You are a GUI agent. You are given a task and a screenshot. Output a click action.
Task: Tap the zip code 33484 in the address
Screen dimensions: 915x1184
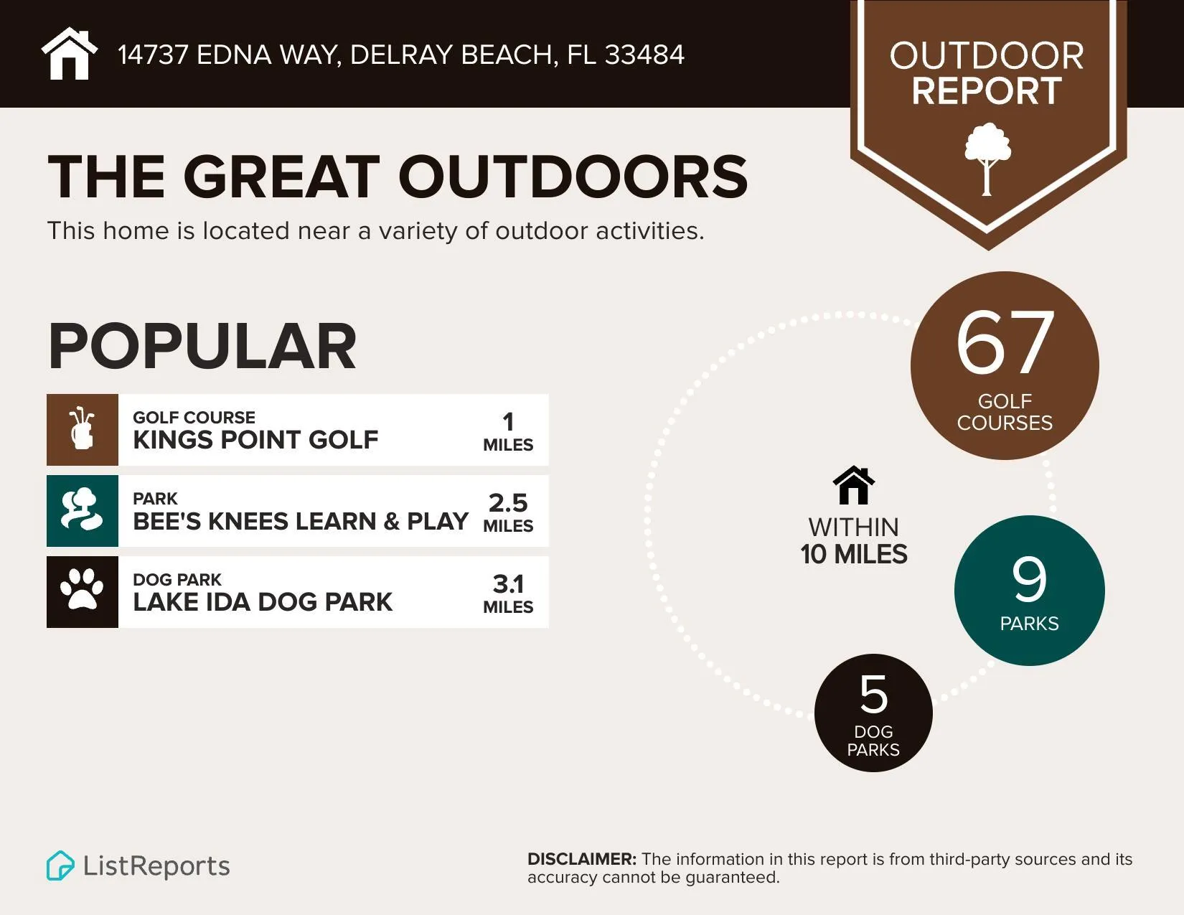pyautogui.click(x=644, y=55)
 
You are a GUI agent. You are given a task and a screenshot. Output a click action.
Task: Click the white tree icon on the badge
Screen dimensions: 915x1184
pyautogui.click(x=987, y=159)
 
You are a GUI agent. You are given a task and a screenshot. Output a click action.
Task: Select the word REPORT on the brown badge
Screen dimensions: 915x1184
pyautogui.click(x=987, y=91)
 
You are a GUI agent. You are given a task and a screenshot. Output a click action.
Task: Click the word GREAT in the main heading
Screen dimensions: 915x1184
pyautogui.click(x=281, y=177)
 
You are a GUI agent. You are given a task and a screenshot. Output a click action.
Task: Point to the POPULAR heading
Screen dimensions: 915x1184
pyautogui.click(x=202, y=347)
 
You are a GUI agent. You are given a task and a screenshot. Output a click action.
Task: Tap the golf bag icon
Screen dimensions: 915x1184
pyautogui.click(x=83, y=429)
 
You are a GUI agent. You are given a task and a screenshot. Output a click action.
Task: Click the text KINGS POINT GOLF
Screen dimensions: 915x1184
pyautogui.click(x=255, y=439)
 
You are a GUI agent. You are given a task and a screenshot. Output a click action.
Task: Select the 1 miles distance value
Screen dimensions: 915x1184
pyautogui.click(x=508, y=431)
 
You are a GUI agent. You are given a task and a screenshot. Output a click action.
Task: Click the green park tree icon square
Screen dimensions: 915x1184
pyautogui.click(x=83, y=510)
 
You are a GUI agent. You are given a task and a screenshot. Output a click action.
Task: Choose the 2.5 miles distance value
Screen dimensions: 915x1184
pyautogui.click(x=508, y=512)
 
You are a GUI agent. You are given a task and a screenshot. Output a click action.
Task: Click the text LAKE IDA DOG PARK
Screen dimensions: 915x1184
pyautogui.click(x=263, y=601)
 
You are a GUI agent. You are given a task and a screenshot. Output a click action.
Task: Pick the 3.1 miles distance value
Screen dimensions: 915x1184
pyautogui.click(x=508, y=593)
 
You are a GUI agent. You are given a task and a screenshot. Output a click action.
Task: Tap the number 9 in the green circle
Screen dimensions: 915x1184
pyautogui.click(x=1029, y=579)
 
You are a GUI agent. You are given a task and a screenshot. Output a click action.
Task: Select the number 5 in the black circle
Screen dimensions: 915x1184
pyautogui.click(x=873, y=694)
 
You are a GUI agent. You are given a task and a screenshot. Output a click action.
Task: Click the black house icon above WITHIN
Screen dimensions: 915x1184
pyautogui.click(x=853, y=486)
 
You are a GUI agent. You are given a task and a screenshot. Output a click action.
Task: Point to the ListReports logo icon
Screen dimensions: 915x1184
pyautogui.click(x=60, y=865)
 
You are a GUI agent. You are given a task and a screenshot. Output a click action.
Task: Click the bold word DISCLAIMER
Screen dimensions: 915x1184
pyautogui.click(x=581, y=859)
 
